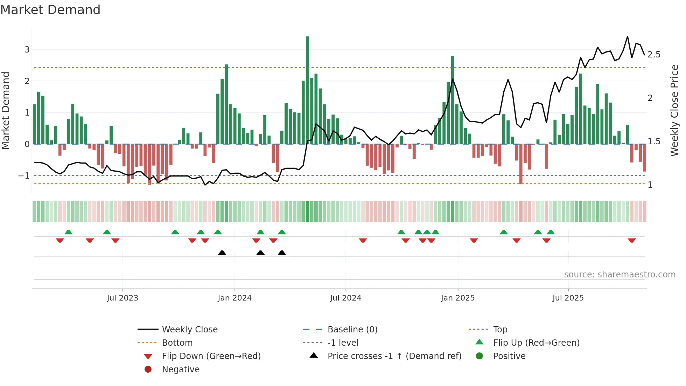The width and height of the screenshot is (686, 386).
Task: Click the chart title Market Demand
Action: click(50, 10)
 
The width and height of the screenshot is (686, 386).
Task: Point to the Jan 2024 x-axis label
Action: click(234, 298)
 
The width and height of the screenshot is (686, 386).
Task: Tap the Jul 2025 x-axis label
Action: click(568, 298)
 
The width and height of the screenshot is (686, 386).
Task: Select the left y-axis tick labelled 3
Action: click(27, 50)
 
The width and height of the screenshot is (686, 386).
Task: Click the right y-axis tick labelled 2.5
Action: click(654, 55)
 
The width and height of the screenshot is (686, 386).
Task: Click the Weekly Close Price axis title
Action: click(674, 110)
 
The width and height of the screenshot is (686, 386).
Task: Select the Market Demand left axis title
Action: click(6, 110)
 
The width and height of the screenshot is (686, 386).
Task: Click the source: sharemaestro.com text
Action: click(619, 275)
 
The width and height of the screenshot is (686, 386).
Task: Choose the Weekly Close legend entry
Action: click(189, 330)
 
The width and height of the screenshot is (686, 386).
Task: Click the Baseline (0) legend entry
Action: click(352, 330)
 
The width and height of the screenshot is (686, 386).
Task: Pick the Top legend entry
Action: click(500, 330)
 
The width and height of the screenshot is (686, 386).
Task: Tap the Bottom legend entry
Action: click(177, 343)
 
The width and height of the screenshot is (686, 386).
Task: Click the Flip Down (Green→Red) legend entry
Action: click(211, 356)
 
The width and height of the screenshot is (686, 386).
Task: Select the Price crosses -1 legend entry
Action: click(394, 356)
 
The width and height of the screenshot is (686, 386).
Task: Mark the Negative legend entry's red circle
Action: click(148, 370)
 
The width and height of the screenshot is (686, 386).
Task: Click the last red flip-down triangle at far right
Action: click(631, 240)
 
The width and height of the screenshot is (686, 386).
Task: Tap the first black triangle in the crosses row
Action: click(222, 253)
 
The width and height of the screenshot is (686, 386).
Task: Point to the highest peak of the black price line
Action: click(627, 37)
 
